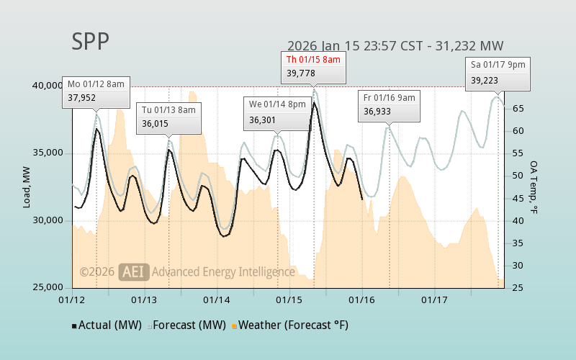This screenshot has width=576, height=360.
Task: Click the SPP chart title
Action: [x=91, y=42]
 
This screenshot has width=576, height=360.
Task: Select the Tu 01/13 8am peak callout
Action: [x=168, y=117]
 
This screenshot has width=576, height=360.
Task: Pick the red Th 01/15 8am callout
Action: [x=313, y=66]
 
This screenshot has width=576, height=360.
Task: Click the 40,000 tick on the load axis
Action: [x=48, y=86]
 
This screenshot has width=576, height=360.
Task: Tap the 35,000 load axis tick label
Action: [x=48, y=153]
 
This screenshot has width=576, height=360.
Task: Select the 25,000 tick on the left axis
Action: [x=48, y=288]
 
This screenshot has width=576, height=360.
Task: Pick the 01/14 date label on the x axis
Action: [x=217, y=299]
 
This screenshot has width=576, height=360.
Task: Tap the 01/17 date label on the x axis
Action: [x=434, y=299]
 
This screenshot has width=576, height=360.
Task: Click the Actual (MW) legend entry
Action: [x=106, y=325]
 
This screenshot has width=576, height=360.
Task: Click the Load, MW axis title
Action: [x=27, y=186]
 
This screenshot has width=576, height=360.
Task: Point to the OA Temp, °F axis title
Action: [x=534, y=187]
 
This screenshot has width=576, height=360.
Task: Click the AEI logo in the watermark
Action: [x=133, y=271]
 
